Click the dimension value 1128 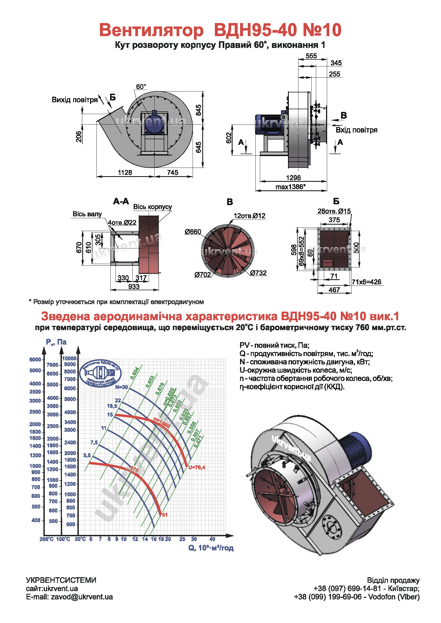pos(125,172)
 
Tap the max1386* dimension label pos(290,187)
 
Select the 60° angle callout pos(141,86)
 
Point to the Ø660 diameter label pos(193,232)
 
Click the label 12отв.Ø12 pos(249,216)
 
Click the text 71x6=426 pos(366,282)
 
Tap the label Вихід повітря pos(75,100)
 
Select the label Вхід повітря pos(356,130)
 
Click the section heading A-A pos(121,201)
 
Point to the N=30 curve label pos(121,387)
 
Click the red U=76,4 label pos(197,467)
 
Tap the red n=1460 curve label pos(162,422)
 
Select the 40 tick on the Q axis pos(212,539)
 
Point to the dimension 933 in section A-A pos(134,286)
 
